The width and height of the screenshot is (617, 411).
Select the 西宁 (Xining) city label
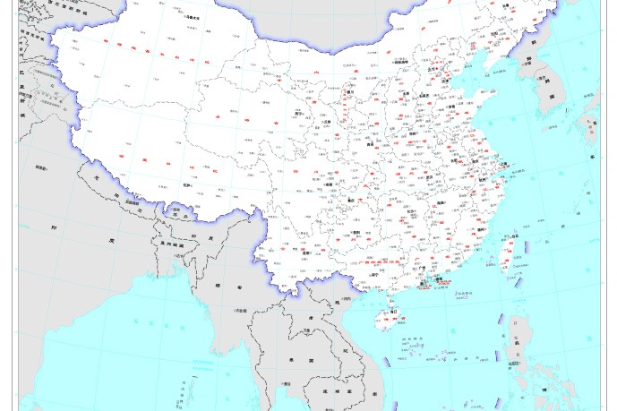tap(299, 114)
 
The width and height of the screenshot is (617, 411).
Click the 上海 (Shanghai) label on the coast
tap(503, 165)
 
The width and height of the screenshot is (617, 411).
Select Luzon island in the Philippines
tap(518, 345)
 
